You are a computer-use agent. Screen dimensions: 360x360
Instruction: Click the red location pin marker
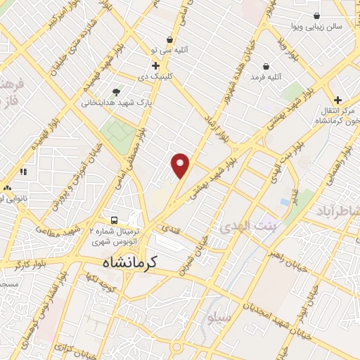(x=181, y=165)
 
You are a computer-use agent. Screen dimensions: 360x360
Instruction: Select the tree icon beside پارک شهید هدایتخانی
(x=116, y=91)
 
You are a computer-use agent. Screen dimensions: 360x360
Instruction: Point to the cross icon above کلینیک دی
(x=155, y=65)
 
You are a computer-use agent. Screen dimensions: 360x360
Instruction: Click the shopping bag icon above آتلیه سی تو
(x=169, y=39)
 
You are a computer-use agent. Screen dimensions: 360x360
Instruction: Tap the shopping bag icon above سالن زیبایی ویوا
(x=316, y=15)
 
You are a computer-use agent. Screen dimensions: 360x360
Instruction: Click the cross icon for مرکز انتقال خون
(x=338, y=100)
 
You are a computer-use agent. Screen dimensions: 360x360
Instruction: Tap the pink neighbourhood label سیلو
(x=219, y=319)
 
